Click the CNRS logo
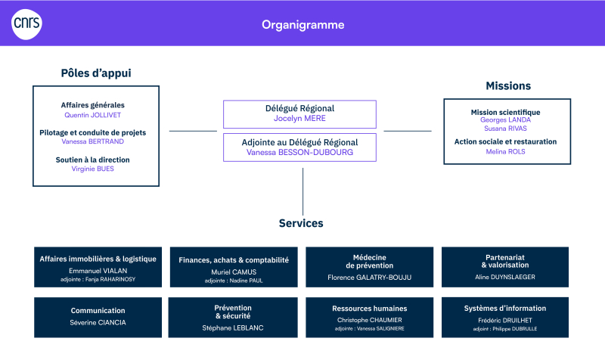tap(26, 24)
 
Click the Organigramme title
tap(303, 25)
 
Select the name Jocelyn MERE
tap(299, 119)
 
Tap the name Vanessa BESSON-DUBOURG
tap(299, 153)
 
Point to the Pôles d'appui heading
tap(96, 73)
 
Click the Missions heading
tap(508, 85)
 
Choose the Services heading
tap(301, 223)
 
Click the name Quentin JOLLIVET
tap(92, 115)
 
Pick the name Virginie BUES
tap(92, 169)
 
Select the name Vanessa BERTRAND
tap(92, 141)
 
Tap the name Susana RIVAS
tap(505, 129)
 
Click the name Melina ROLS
tap(505, 152)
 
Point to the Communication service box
tap(98, 317)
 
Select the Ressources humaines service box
tap(370, 317)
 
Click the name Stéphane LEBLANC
tap(233, 328)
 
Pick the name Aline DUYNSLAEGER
tap(505, 277)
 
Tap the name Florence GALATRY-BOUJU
tap(370, 278)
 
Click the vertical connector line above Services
tap(303, 191)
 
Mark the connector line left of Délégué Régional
tap(193, 131)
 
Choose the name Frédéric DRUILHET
tap(505, 320)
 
